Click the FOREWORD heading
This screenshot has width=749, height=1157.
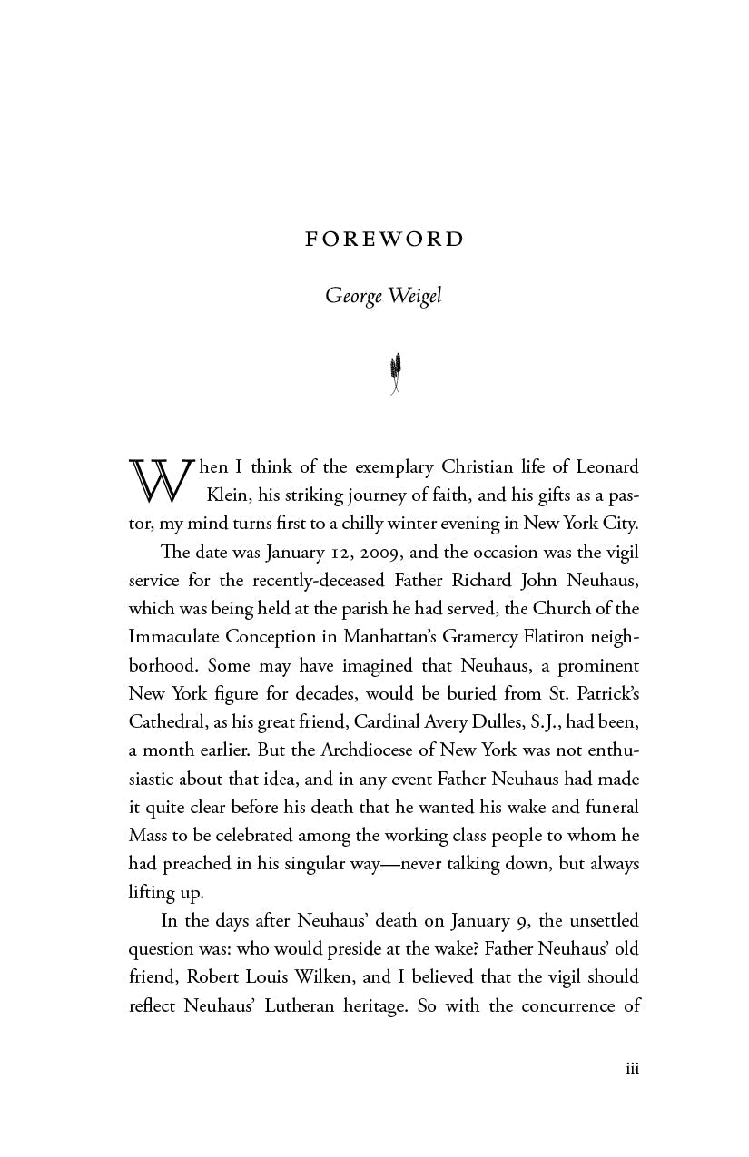384,240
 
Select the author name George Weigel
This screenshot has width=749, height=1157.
383,298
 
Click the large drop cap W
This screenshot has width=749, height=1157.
159,481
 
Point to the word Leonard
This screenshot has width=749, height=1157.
605,467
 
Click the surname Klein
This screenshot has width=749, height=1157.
229,495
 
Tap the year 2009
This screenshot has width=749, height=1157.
342,552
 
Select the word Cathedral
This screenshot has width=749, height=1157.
166,722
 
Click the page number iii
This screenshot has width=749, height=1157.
632,1069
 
